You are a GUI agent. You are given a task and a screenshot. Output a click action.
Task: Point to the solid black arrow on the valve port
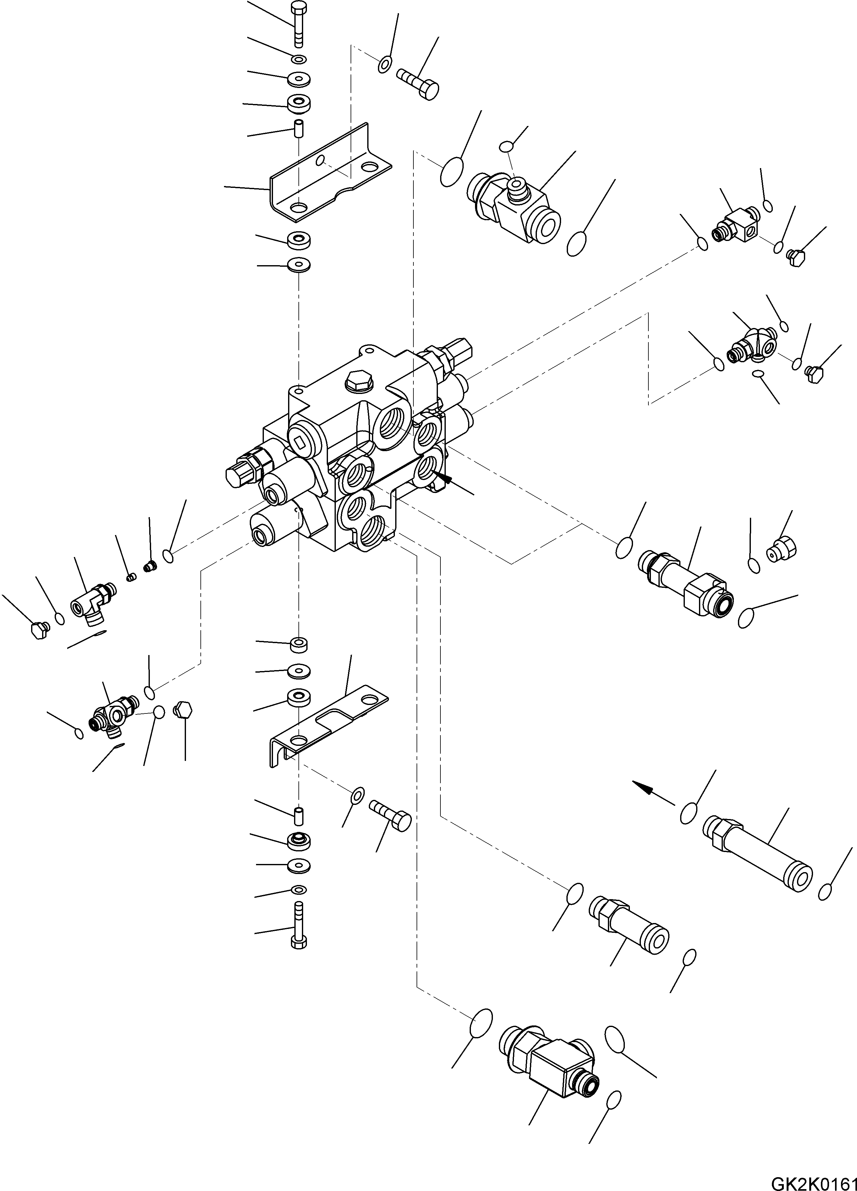pyautogui.click(x=444, y=478)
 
